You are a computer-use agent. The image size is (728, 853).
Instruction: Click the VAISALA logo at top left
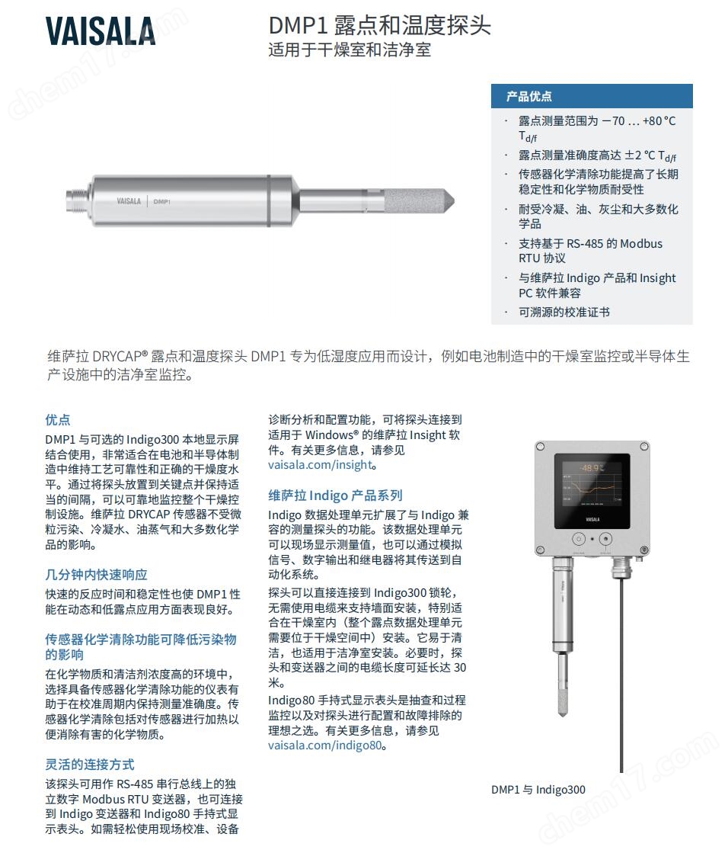point(100,31)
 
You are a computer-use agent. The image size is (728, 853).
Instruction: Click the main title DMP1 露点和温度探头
point(379,26)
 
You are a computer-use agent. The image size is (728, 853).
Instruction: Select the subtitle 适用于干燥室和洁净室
point(350,51)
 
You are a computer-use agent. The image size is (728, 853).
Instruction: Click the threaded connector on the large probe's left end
point(78,200)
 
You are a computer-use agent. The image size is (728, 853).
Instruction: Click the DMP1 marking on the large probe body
point(161,201)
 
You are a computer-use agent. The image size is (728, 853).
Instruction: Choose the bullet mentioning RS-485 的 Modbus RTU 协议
point(590,251)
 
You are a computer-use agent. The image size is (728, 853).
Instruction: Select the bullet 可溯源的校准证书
point(564,312)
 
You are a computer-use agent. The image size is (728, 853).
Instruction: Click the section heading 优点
point(58,420)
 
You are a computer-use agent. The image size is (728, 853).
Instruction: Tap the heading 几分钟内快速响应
point(96,575)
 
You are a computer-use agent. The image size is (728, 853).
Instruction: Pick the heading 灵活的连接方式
point(90,765)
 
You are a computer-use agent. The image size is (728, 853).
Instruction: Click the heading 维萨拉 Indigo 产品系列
point(335,495)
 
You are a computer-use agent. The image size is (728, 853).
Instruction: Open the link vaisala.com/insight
point(321,465)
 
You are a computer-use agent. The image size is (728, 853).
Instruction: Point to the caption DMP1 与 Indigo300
point(538,790)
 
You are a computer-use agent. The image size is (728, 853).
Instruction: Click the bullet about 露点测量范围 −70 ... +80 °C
point(597,127)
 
